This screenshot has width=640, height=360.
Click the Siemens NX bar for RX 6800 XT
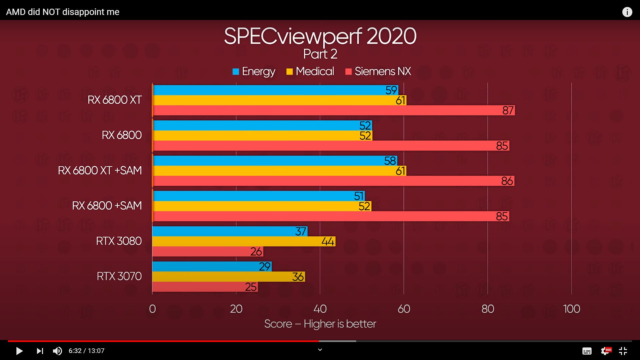point(333,110)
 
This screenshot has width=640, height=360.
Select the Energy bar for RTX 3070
point(212,266)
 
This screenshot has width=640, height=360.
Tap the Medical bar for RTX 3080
point(244,241)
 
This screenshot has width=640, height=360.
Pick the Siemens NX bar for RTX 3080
point(208,251)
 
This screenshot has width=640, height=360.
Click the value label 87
point(508,110)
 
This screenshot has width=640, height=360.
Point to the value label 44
point(328,241)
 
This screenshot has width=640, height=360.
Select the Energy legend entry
point(254,71)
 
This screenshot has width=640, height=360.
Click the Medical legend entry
point(310,71)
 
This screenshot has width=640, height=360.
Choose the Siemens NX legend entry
point(378,71)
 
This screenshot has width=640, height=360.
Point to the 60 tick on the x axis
point(404,309)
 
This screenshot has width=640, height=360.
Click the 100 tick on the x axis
point(571,309)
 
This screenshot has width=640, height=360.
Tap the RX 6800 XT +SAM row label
point(100,170)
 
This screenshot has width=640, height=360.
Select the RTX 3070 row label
point(119,276)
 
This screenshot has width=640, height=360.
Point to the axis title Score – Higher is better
point(320,324)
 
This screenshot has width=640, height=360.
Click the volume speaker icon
point(57,351)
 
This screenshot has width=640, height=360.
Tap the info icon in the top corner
point(627,12)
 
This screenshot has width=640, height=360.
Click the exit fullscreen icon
point(623,351)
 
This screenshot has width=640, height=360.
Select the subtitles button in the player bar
point(587,351)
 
